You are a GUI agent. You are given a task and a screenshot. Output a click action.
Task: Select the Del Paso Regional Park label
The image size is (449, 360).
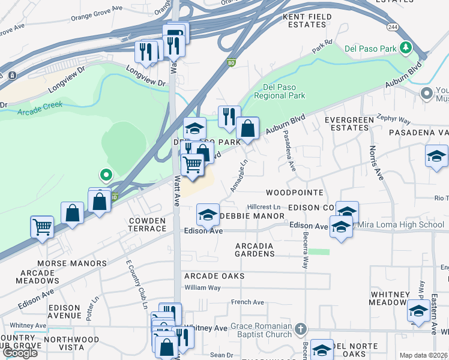(x=280, y=91)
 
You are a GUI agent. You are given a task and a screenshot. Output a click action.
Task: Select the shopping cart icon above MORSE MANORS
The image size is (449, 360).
(x=42, y=227)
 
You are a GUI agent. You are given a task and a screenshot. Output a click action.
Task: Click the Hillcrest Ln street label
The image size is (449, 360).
(x=264, y=206)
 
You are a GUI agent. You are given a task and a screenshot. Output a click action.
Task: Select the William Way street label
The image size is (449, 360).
(x=202, y=288)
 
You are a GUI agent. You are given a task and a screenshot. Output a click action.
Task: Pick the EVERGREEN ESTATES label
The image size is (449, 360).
(x=349, y=124)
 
